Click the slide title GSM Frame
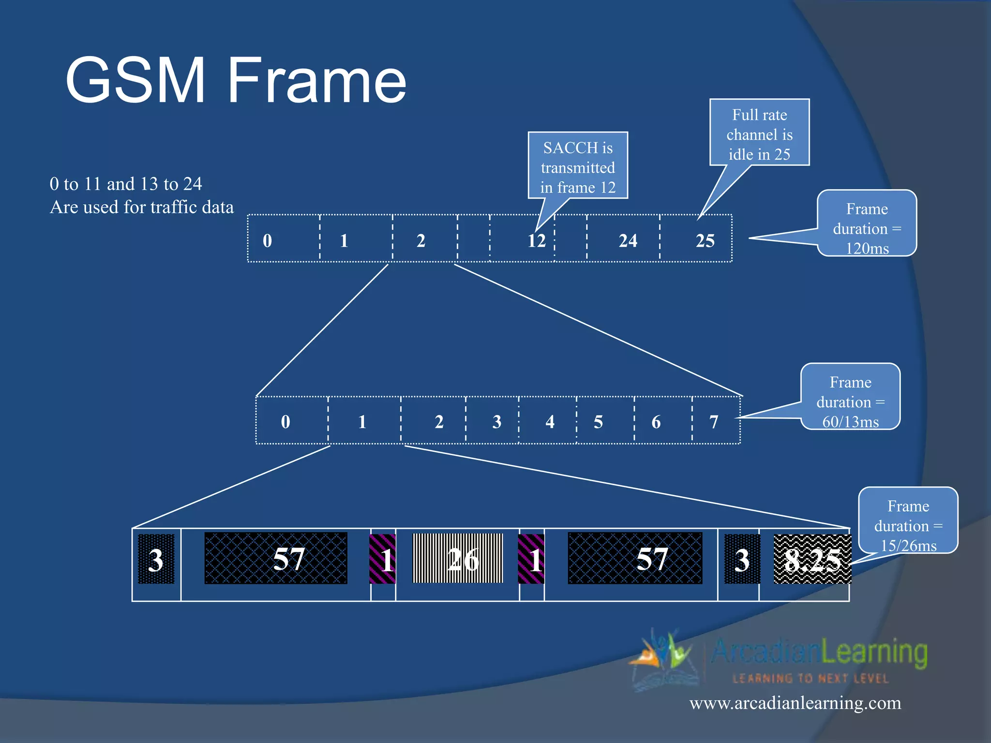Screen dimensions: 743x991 (x=236, y=80)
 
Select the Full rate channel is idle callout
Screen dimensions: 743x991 (x=759, y=133)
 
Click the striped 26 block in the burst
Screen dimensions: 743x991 (x=458, y=559)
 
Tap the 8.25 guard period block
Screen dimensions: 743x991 (x=812, y=559)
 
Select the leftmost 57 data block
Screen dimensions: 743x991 (x=276, y=559)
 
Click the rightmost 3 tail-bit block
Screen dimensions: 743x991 (x=742, y=559)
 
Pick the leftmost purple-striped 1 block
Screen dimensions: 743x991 (x=383, y=559)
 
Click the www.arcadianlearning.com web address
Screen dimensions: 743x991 (x=795, y=703)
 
